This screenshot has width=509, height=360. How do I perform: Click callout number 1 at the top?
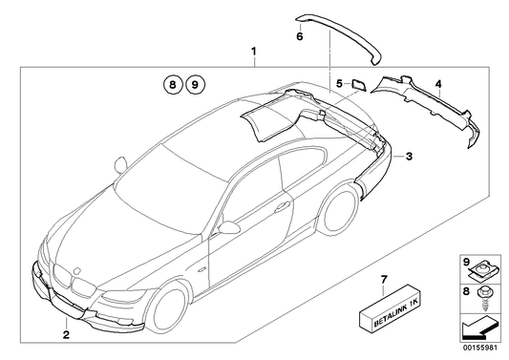tap(254, 49)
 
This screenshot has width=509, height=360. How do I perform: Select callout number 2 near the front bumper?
tap(66, 335)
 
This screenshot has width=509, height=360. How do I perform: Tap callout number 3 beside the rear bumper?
tap(408, 156)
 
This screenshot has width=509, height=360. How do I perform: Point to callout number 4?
tap(438, 85)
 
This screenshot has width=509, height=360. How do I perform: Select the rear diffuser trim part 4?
tap(430, 109)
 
